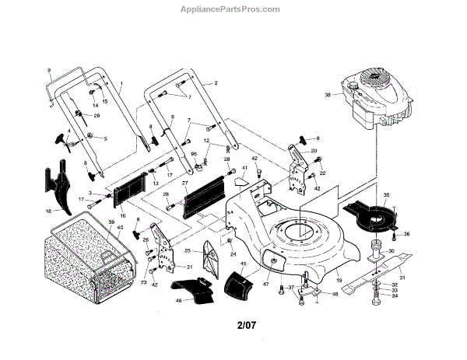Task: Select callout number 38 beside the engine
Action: tap(327, 95)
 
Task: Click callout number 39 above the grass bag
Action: tap(111, 223)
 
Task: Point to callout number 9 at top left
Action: tap(48, 70)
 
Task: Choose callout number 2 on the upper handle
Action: tap(215, 82)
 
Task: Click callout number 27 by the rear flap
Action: tap(185, 184)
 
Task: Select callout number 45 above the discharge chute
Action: tap(244, 264)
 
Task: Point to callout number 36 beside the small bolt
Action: tap(406, 234)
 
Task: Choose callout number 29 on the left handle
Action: tap(97, 116)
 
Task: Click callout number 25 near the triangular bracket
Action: tap(188, 250)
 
